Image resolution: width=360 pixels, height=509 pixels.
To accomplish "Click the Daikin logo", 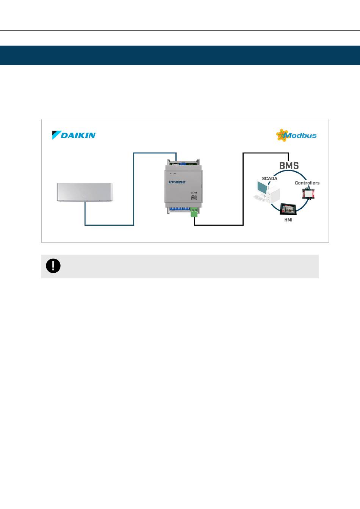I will tap(74, 135).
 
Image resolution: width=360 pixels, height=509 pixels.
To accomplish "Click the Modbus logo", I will tap(296, 135).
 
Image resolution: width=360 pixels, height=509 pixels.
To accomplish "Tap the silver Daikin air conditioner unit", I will tap(85, 192).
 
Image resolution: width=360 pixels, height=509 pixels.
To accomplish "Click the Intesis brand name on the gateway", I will tap(177, 182).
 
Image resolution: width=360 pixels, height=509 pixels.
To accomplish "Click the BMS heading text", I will tap(289, 166).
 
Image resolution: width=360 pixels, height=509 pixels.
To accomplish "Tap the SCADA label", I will tap(269, 178).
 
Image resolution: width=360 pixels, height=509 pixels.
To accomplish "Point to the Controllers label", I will tap(307, 183).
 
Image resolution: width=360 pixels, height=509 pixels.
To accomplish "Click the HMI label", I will tap(288, 220).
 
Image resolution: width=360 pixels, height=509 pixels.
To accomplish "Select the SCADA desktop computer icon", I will tap(266, 192).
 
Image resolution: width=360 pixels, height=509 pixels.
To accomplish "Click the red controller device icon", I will tap(308, 194).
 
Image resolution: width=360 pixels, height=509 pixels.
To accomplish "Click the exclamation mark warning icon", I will tap(53, 266).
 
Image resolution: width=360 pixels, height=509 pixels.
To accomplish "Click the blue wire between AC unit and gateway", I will tap(134, 189).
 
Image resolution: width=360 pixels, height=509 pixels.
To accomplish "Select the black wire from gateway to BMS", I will tap(243, 189).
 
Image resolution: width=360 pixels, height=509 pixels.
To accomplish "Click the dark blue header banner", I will tap(180, 55).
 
